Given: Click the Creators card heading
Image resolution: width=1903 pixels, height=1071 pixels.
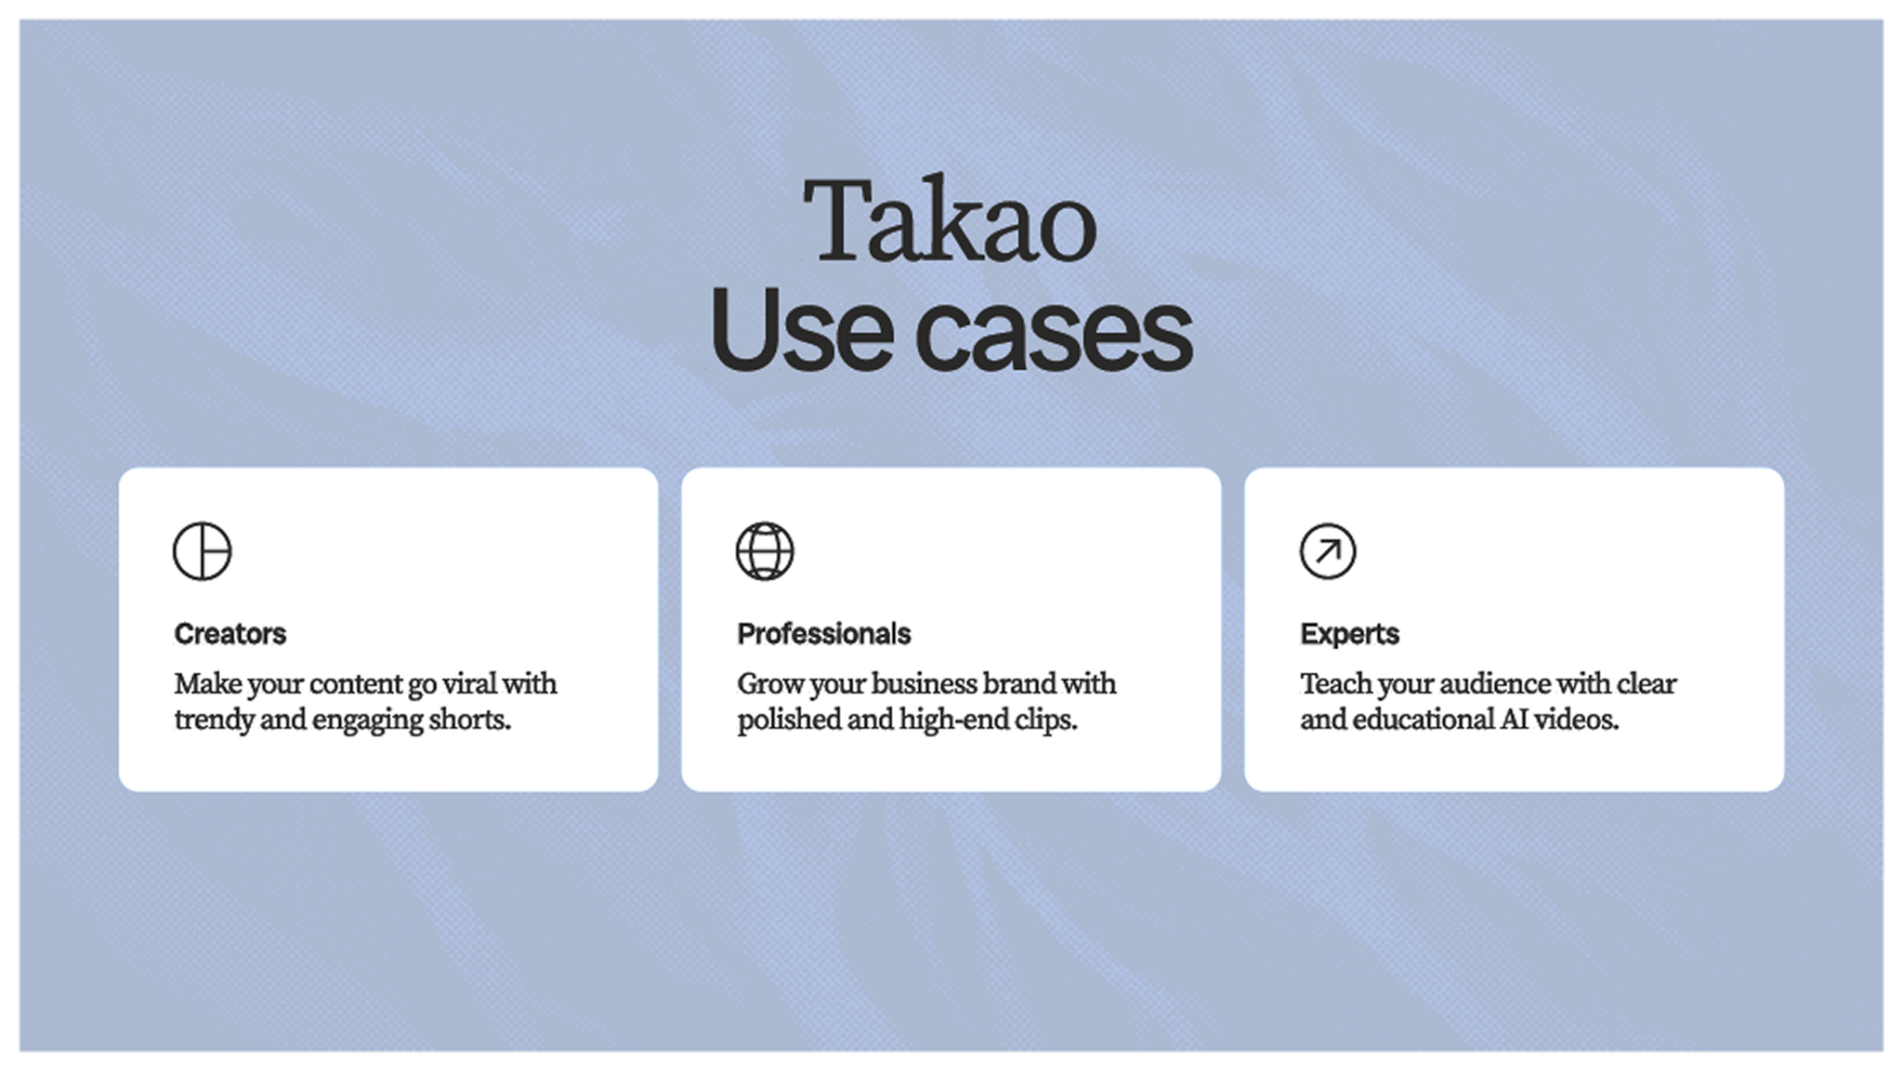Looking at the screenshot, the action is point(230,634).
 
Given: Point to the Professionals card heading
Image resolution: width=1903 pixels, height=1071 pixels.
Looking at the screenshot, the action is point(823,634).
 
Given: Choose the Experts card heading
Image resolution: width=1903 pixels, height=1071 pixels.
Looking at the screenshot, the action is point(1349,634).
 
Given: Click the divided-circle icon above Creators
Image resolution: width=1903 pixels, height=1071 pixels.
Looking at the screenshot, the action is point(203,551).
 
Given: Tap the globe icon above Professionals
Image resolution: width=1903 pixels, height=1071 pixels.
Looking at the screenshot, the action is point(765,551).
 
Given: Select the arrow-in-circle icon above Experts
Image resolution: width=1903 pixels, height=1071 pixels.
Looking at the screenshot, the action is point(1328,551).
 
